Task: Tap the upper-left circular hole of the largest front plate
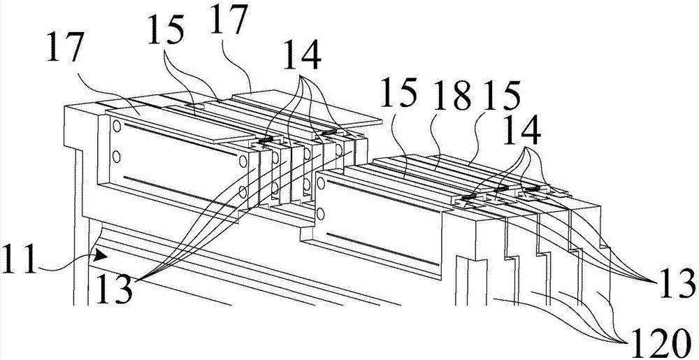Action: (117, 127)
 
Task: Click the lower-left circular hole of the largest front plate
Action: (117, 157)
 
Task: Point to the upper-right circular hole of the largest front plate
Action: (243, 160)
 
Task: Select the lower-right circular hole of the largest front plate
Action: (243, 192)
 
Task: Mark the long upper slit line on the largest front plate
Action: (180, 139)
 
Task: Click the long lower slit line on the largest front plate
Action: (180, 192)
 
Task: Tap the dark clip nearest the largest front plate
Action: (265, 140)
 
